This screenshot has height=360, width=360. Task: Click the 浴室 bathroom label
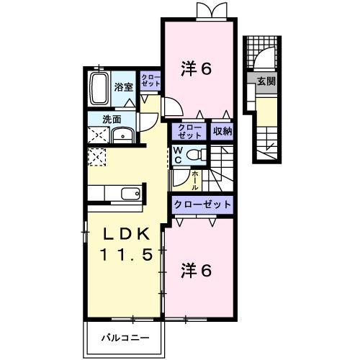124,87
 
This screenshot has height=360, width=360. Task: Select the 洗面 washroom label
111,120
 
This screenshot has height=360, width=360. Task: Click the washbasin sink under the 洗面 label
124,134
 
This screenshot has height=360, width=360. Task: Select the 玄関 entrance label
266,81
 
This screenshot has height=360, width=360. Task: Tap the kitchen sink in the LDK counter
130,193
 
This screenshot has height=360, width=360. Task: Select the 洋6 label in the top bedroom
195,70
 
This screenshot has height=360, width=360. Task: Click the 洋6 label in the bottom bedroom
195,271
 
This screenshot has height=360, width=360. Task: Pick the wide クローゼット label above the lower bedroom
202,204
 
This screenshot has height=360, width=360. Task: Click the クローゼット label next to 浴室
150,81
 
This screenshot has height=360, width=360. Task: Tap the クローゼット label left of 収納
190,131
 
